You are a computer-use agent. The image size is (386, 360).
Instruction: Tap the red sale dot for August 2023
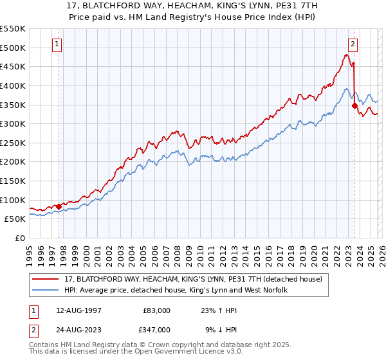point(354,106)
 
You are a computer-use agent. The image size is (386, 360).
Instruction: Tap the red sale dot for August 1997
point(59,206)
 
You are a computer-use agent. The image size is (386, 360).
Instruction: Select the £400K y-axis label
point(14,85)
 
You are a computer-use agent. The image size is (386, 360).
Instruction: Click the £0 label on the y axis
point(21,238)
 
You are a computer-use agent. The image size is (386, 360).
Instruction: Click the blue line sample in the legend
point(46,290)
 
